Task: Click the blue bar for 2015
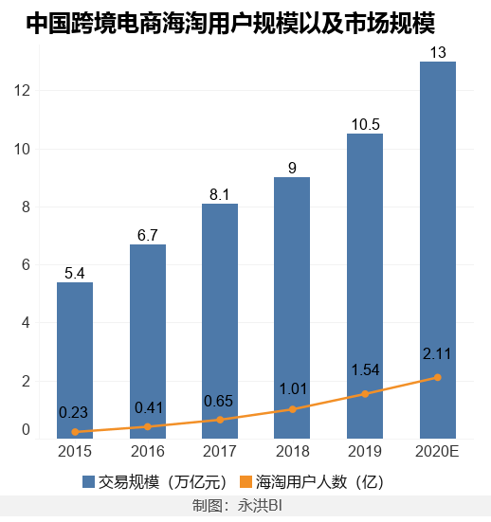(x=75, y=360)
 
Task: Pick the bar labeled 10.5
(x=365, y=285)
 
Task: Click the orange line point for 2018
(x=292, y=409)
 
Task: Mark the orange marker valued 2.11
(x=437, y=377)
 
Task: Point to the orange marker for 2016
(x=147, y=427)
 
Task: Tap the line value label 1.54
(x=365, y=369)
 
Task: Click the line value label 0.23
(x=75, y=412)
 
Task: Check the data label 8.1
(x=220, y=194)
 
